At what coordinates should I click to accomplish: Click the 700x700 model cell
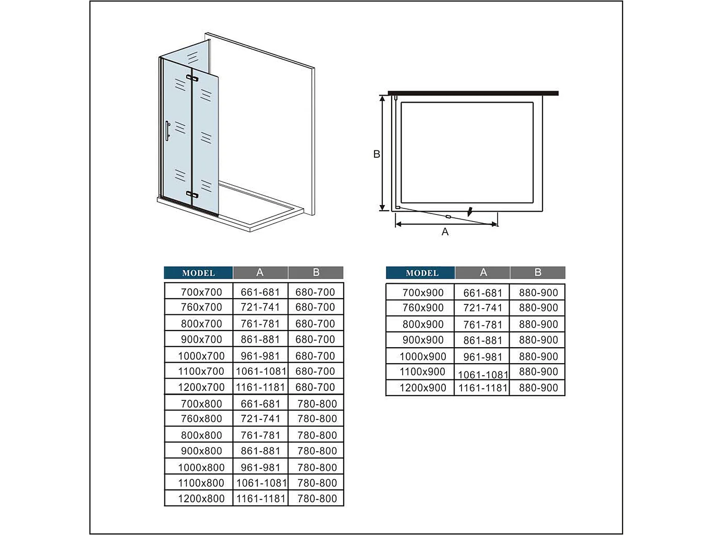point(201,292)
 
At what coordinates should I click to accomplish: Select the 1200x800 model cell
point(201,498)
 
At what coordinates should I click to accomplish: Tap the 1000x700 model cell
point(201,356)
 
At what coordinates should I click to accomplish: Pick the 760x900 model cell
point(423,308)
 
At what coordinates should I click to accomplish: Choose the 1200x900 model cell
point(423,388)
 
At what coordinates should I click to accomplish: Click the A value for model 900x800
point(260,451)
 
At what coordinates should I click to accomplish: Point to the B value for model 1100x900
point(538,371)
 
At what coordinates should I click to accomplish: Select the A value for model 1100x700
point(261,371)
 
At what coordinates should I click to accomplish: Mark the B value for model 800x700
point(315,323)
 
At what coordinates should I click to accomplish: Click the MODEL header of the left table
point(199,273)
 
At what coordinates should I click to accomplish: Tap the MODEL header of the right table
point(422,273)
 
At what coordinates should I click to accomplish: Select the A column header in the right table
point(483,272)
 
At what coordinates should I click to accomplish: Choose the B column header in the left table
point(316,272)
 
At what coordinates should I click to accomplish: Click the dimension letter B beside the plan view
point(376,154)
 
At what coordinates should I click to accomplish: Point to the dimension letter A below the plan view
point(445,232)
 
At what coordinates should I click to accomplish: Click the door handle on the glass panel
point(167,131)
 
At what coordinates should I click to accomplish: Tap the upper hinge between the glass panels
point(192,78)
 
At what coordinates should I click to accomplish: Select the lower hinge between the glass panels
point(192,195)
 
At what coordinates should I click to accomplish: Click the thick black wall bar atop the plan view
point(473,93)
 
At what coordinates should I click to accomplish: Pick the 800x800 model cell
point(201,435)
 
